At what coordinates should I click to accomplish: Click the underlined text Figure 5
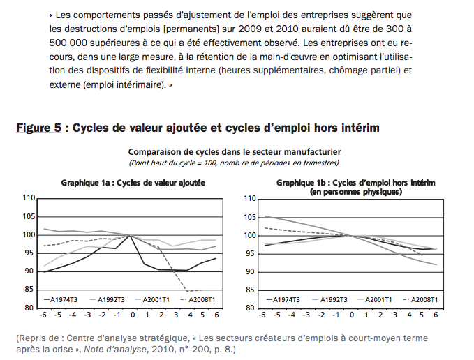tap(38, 128)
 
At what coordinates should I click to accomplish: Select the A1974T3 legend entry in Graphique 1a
tap(61, 299)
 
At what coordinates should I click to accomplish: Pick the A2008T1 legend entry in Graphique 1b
tap(420, 299)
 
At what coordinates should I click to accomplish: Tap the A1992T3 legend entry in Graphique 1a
tap(108, 299)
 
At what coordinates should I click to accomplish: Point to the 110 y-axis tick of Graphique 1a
tap(29, 198)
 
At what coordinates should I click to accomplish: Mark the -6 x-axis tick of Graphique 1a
tap(43, 315)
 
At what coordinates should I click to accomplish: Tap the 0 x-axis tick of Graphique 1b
tap(351, 315)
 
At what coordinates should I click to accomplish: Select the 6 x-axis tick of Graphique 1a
tap(216, 315)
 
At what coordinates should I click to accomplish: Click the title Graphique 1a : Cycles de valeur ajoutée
tap(133, 183)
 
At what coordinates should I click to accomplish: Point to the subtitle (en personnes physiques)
tap(356, 192)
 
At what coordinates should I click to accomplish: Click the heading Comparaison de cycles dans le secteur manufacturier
tap(235, 151)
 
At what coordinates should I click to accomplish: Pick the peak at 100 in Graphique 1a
tap(130, 235)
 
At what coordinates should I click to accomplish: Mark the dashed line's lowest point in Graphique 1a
tap(188, 291)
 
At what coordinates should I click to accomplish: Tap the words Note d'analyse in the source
tap(115, 350)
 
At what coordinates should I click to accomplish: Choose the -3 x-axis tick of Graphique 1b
tap(306, 315)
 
